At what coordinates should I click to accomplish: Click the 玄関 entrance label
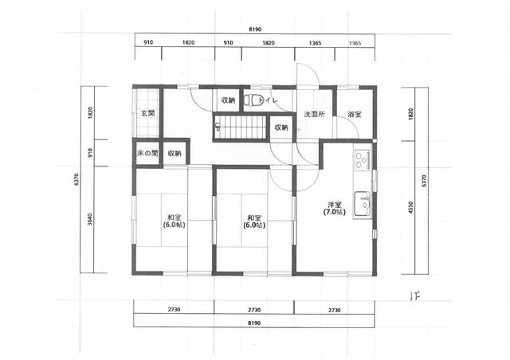click(147, 114)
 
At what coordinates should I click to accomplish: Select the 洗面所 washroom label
click(315, 114)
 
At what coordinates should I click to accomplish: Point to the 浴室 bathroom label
click(355, 114)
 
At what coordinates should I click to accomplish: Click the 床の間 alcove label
click(147, 153)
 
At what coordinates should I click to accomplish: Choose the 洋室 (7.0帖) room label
click(335, 209)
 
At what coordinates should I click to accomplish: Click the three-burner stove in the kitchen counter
click(362, 159)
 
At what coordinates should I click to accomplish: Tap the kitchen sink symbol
click(363, 204)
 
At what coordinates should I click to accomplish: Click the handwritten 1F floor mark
click(415, 296)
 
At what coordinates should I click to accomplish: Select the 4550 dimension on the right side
click(410, 207)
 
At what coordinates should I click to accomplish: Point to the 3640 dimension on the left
click(90, 219)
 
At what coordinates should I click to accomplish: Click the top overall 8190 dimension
click(255, 29)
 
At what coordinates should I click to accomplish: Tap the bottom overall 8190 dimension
click(254, 323)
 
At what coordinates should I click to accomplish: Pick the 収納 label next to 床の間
click(175, 153)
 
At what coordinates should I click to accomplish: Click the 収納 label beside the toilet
click(228, 100)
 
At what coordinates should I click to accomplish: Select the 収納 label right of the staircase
click(281, 127)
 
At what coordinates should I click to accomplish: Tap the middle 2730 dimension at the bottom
click(254, 310)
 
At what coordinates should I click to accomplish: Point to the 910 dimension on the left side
click(90, 152)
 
